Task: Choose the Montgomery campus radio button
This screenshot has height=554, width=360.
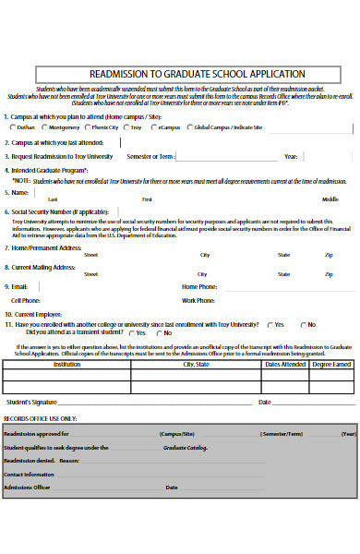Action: [x=42, y=127]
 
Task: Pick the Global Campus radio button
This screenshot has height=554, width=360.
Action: [x=189, y=127]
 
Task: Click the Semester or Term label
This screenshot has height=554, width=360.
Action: [x=150, y=156]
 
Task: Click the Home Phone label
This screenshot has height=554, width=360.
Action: [x=199, y=287]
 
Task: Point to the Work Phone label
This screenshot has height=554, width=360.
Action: [x=199, y=300]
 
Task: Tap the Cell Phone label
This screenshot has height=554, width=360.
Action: [x=26, y=300]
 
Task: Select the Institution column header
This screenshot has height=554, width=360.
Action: [x=66, y=365]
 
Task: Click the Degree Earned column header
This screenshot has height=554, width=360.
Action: [x=331, y=365]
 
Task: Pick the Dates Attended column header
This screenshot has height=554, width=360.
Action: [x=285, y=365]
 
